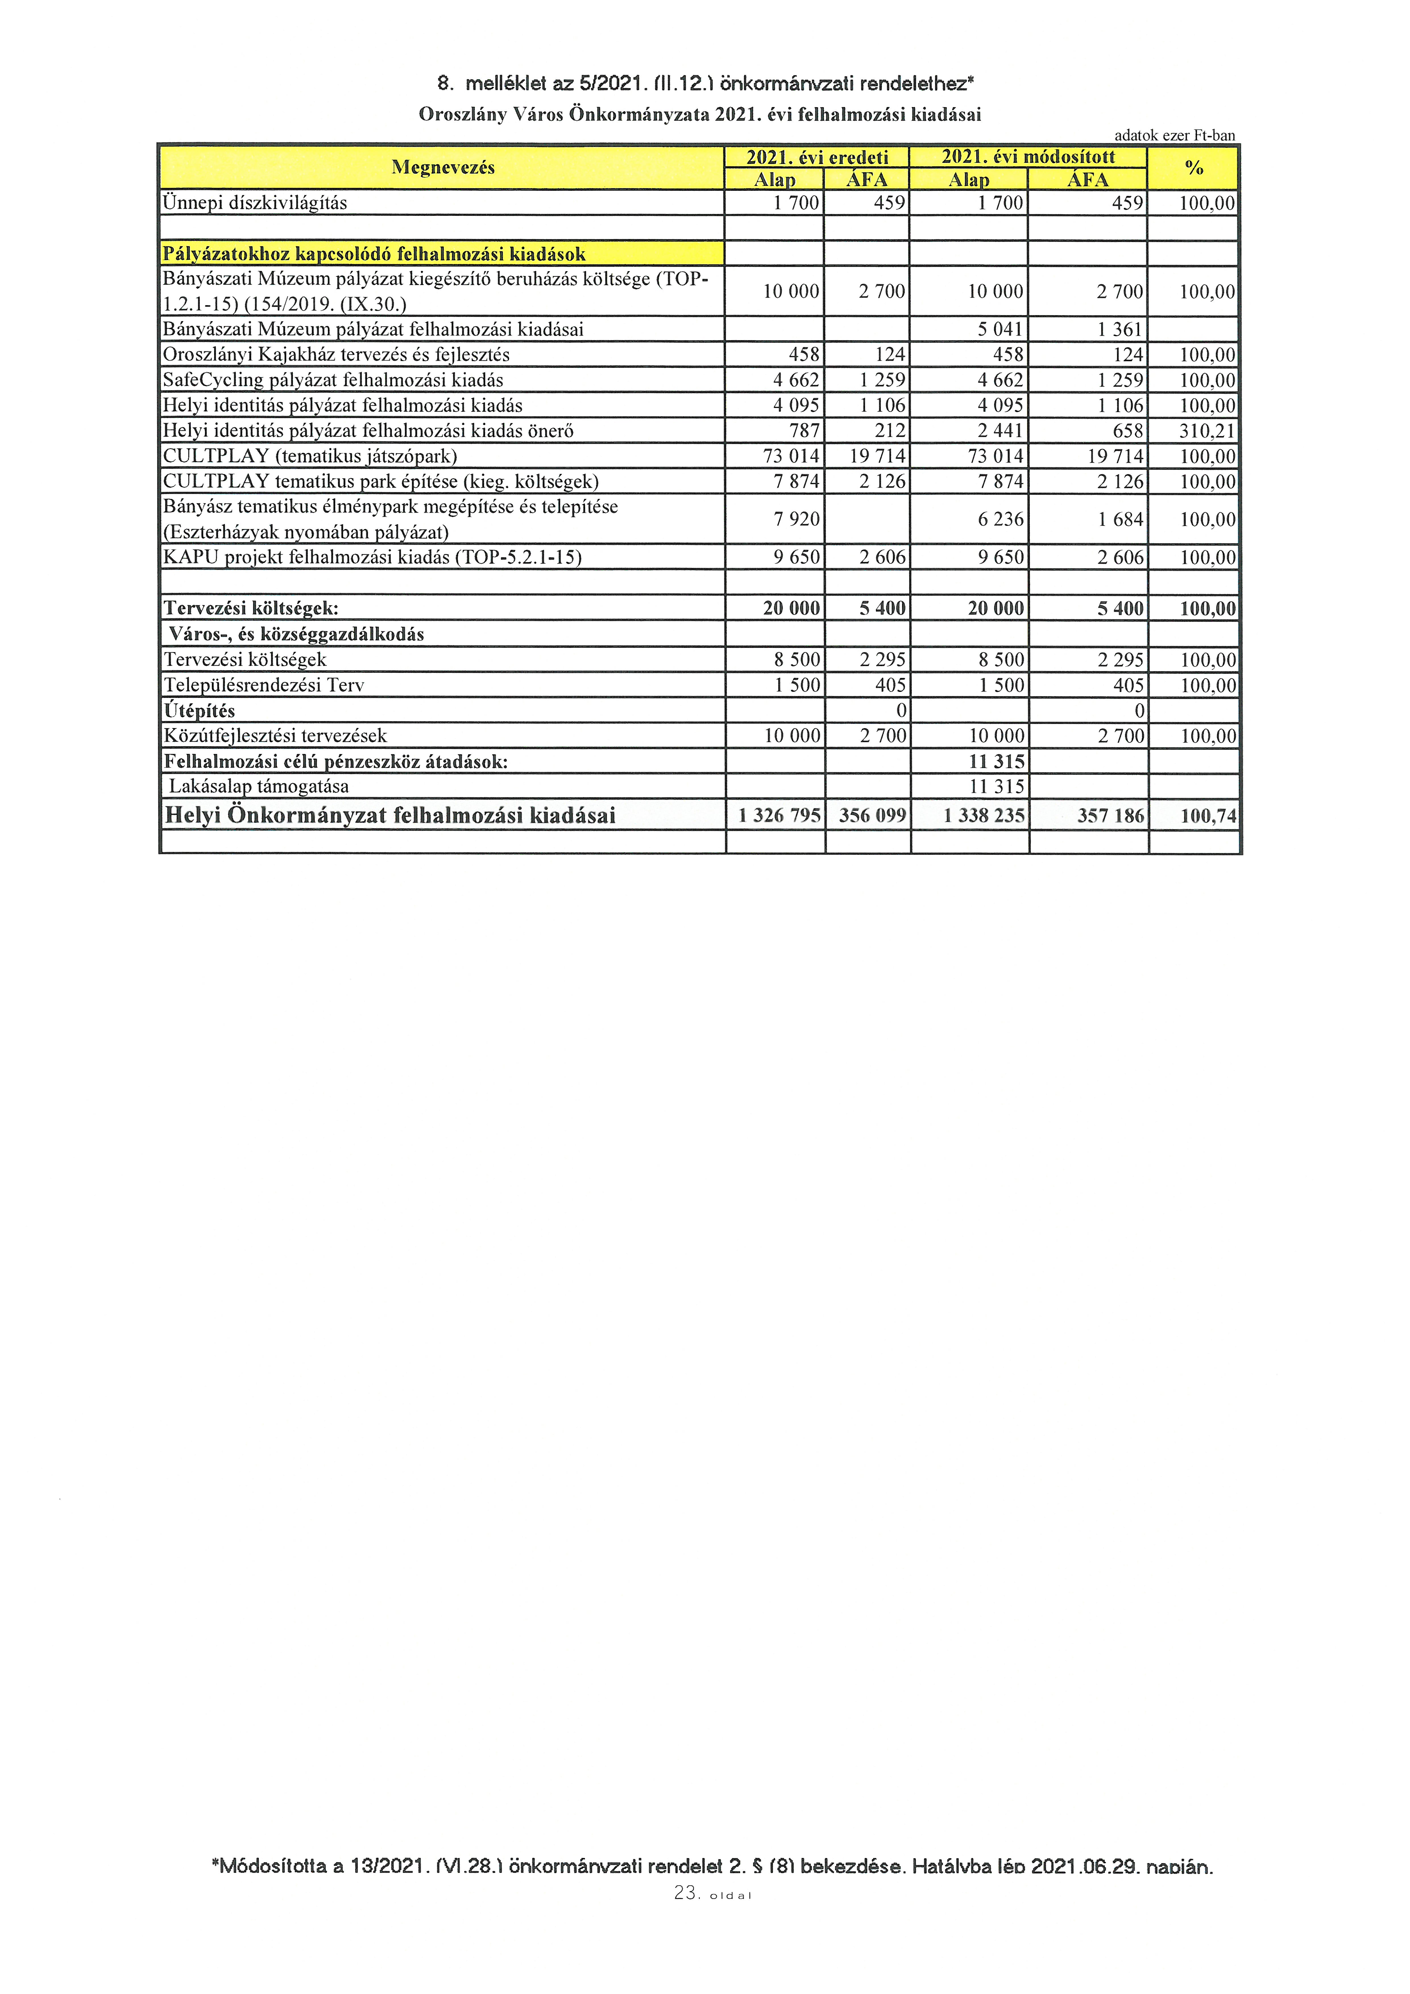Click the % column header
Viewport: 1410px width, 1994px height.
pos(1194,168)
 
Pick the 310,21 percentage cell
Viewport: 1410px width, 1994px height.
pos(1207,431)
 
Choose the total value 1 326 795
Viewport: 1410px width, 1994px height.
pos(779,816)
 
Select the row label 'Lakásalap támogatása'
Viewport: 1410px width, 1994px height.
pos(259,787)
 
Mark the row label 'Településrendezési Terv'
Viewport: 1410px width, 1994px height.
pos(264,685)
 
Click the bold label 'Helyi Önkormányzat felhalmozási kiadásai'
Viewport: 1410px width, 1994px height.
pos(390,816)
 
